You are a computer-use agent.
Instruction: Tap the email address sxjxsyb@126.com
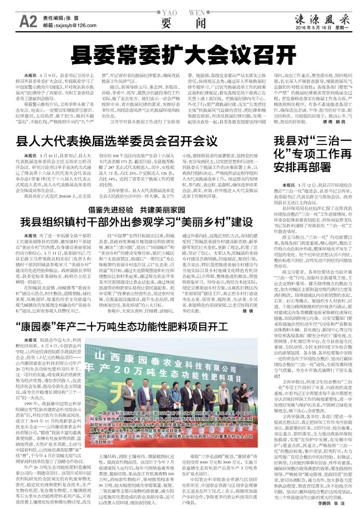(x=71, y=25)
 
